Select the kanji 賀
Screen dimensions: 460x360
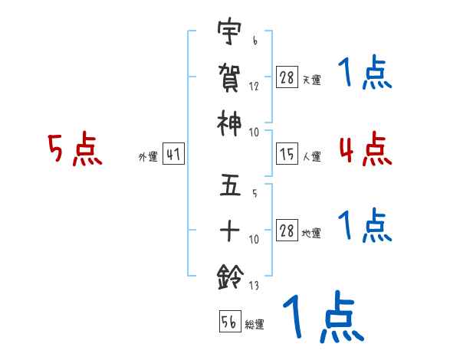pos(229,79)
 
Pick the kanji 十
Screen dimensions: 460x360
pos(229,229)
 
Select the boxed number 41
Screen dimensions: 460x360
pos(173,155)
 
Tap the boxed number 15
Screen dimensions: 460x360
pos(287,154)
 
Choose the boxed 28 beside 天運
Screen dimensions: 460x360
pos(287,77)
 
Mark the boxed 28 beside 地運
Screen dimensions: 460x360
pos(287,230)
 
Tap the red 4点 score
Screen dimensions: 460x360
pos(364,149)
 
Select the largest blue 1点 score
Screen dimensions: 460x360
pos(323,317)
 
